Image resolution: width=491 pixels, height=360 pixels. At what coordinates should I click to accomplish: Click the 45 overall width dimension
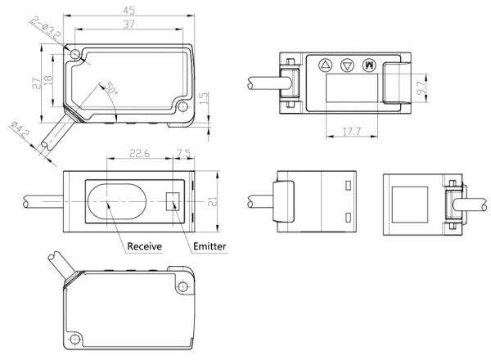(x=127, y=10)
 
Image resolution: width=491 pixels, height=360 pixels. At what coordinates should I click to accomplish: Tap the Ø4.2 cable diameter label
(x=19, y=129)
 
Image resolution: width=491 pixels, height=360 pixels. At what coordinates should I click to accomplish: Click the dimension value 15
(x=205, y=97)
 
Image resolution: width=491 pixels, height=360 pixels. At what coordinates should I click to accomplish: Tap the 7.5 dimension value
(x=184, y=151)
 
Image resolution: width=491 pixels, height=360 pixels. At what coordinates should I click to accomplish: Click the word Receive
(x=143, y=245)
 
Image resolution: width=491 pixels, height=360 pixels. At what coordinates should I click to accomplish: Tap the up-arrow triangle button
(x=325, y=64)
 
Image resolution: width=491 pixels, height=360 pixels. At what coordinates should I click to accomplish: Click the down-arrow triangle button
(x=346, y=64)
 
